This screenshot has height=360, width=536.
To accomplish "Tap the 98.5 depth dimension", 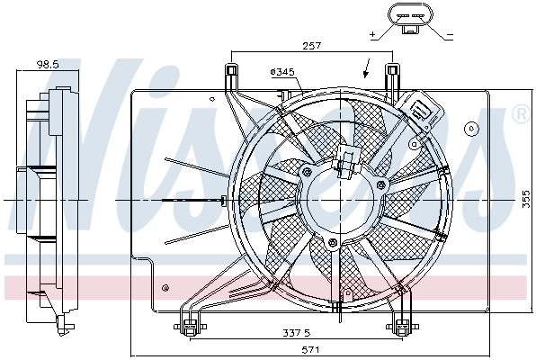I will [47, 64].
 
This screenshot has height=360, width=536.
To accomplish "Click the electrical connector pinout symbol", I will [410, 18].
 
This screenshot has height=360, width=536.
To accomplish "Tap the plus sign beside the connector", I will [371, 34].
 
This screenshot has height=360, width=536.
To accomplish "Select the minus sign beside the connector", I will [449, 34].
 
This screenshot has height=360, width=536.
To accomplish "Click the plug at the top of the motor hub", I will [345, 163].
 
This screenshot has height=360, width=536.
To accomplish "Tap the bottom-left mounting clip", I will [190, 326].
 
